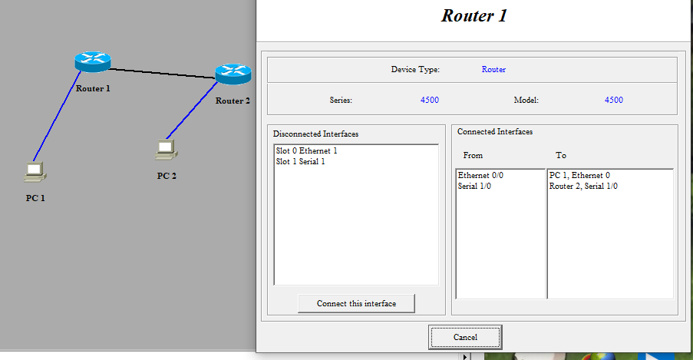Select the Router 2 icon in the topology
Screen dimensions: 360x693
pos(233,74)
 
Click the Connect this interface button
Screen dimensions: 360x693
pos(356,303)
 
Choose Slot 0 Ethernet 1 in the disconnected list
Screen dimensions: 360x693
pos(306,151)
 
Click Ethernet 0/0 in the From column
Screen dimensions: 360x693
pos(480,176)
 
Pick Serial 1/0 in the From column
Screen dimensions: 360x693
pos(474,186)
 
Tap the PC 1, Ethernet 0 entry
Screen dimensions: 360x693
pos(579,176)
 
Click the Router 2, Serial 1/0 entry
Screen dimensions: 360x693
pos(583,186)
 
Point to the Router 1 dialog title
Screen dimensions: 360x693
pos(474,15)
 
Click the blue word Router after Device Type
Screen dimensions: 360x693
pos(493,70)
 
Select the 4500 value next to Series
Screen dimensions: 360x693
pos(430,101)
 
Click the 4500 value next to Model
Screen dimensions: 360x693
pos(614,101)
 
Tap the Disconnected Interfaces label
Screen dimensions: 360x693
pos(315,134)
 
